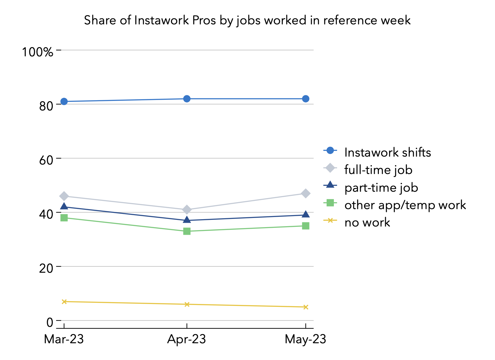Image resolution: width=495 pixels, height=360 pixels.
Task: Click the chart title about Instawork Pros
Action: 247,20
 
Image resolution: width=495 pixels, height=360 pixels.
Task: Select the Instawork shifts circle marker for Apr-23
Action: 187,99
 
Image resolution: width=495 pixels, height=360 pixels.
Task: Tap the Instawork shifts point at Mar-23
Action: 64,102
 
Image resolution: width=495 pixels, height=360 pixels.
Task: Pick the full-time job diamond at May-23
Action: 305,193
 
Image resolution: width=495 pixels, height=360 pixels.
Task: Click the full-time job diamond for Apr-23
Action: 187,210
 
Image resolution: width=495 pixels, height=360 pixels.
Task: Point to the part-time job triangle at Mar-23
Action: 64,207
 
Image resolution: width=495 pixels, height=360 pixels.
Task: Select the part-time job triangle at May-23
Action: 305,215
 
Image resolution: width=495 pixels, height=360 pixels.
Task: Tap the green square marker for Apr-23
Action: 187,231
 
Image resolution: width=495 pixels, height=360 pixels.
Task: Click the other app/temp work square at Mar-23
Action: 64,218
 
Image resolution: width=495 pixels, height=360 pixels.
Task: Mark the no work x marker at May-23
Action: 305,307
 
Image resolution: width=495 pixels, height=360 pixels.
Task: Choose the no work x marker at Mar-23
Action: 64,301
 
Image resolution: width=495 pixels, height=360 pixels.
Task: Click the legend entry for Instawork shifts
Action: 387,152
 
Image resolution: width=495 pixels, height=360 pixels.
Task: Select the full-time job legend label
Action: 378,170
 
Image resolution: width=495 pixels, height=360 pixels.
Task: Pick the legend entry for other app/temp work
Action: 405,205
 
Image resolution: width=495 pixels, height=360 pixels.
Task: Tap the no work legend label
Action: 367,222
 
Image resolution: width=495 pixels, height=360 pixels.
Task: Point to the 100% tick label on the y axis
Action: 37,52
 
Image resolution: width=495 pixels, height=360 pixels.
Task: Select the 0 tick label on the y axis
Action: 50,322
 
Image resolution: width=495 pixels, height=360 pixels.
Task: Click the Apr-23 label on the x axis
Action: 187,339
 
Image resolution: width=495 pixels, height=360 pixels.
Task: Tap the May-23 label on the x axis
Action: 305,339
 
